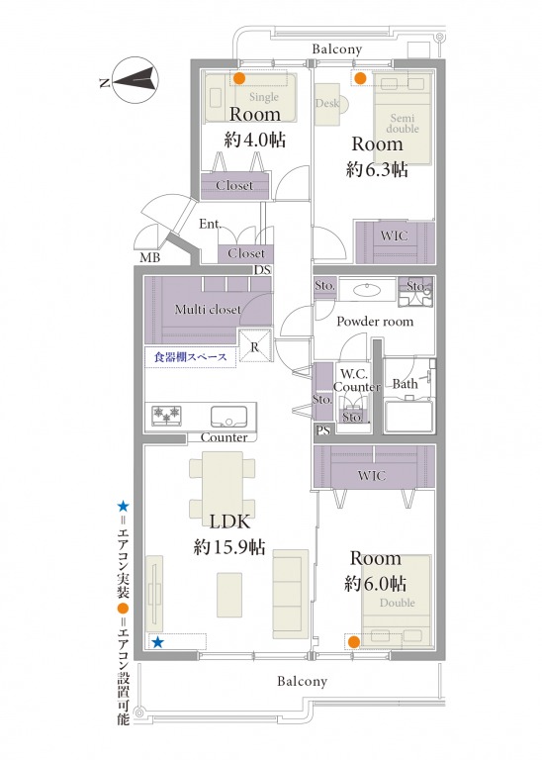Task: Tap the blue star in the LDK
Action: click(x=158, y=642)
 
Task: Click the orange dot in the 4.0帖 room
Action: click(x=239, y=78)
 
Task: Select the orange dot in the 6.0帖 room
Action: click(x=354, y=641)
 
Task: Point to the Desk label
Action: click(x=327, y=103)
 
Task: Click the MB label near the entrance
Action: click(x=149, y=258)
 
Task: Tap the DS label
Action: click(x=262, y=270)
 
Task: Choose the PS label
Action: click(x=323, y=429)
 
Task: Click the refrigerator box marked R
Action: click(x=255, y=346)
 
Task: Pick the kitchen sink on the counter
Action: click(x=228, y=417)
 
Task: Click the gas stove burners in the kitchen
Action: click(x=166, y=416)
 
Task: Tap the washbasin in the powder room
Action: click(x=367, y=290)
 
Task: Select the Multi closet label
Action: click(x=208, y=309)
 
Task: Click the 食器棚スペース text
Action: click(x=190, y=357)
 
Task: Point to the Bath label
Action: click(x=405, y=384)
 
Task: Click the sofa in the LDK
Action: click(x=290, y=594)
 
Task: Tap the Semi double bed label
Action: click(x=403, y=123)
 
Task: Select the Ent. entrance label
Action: click(x=211, y=224)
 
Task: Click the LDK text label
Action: click(x=229, y=522)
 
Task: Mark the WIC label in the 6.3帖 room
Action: click(x=394, y=237)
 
